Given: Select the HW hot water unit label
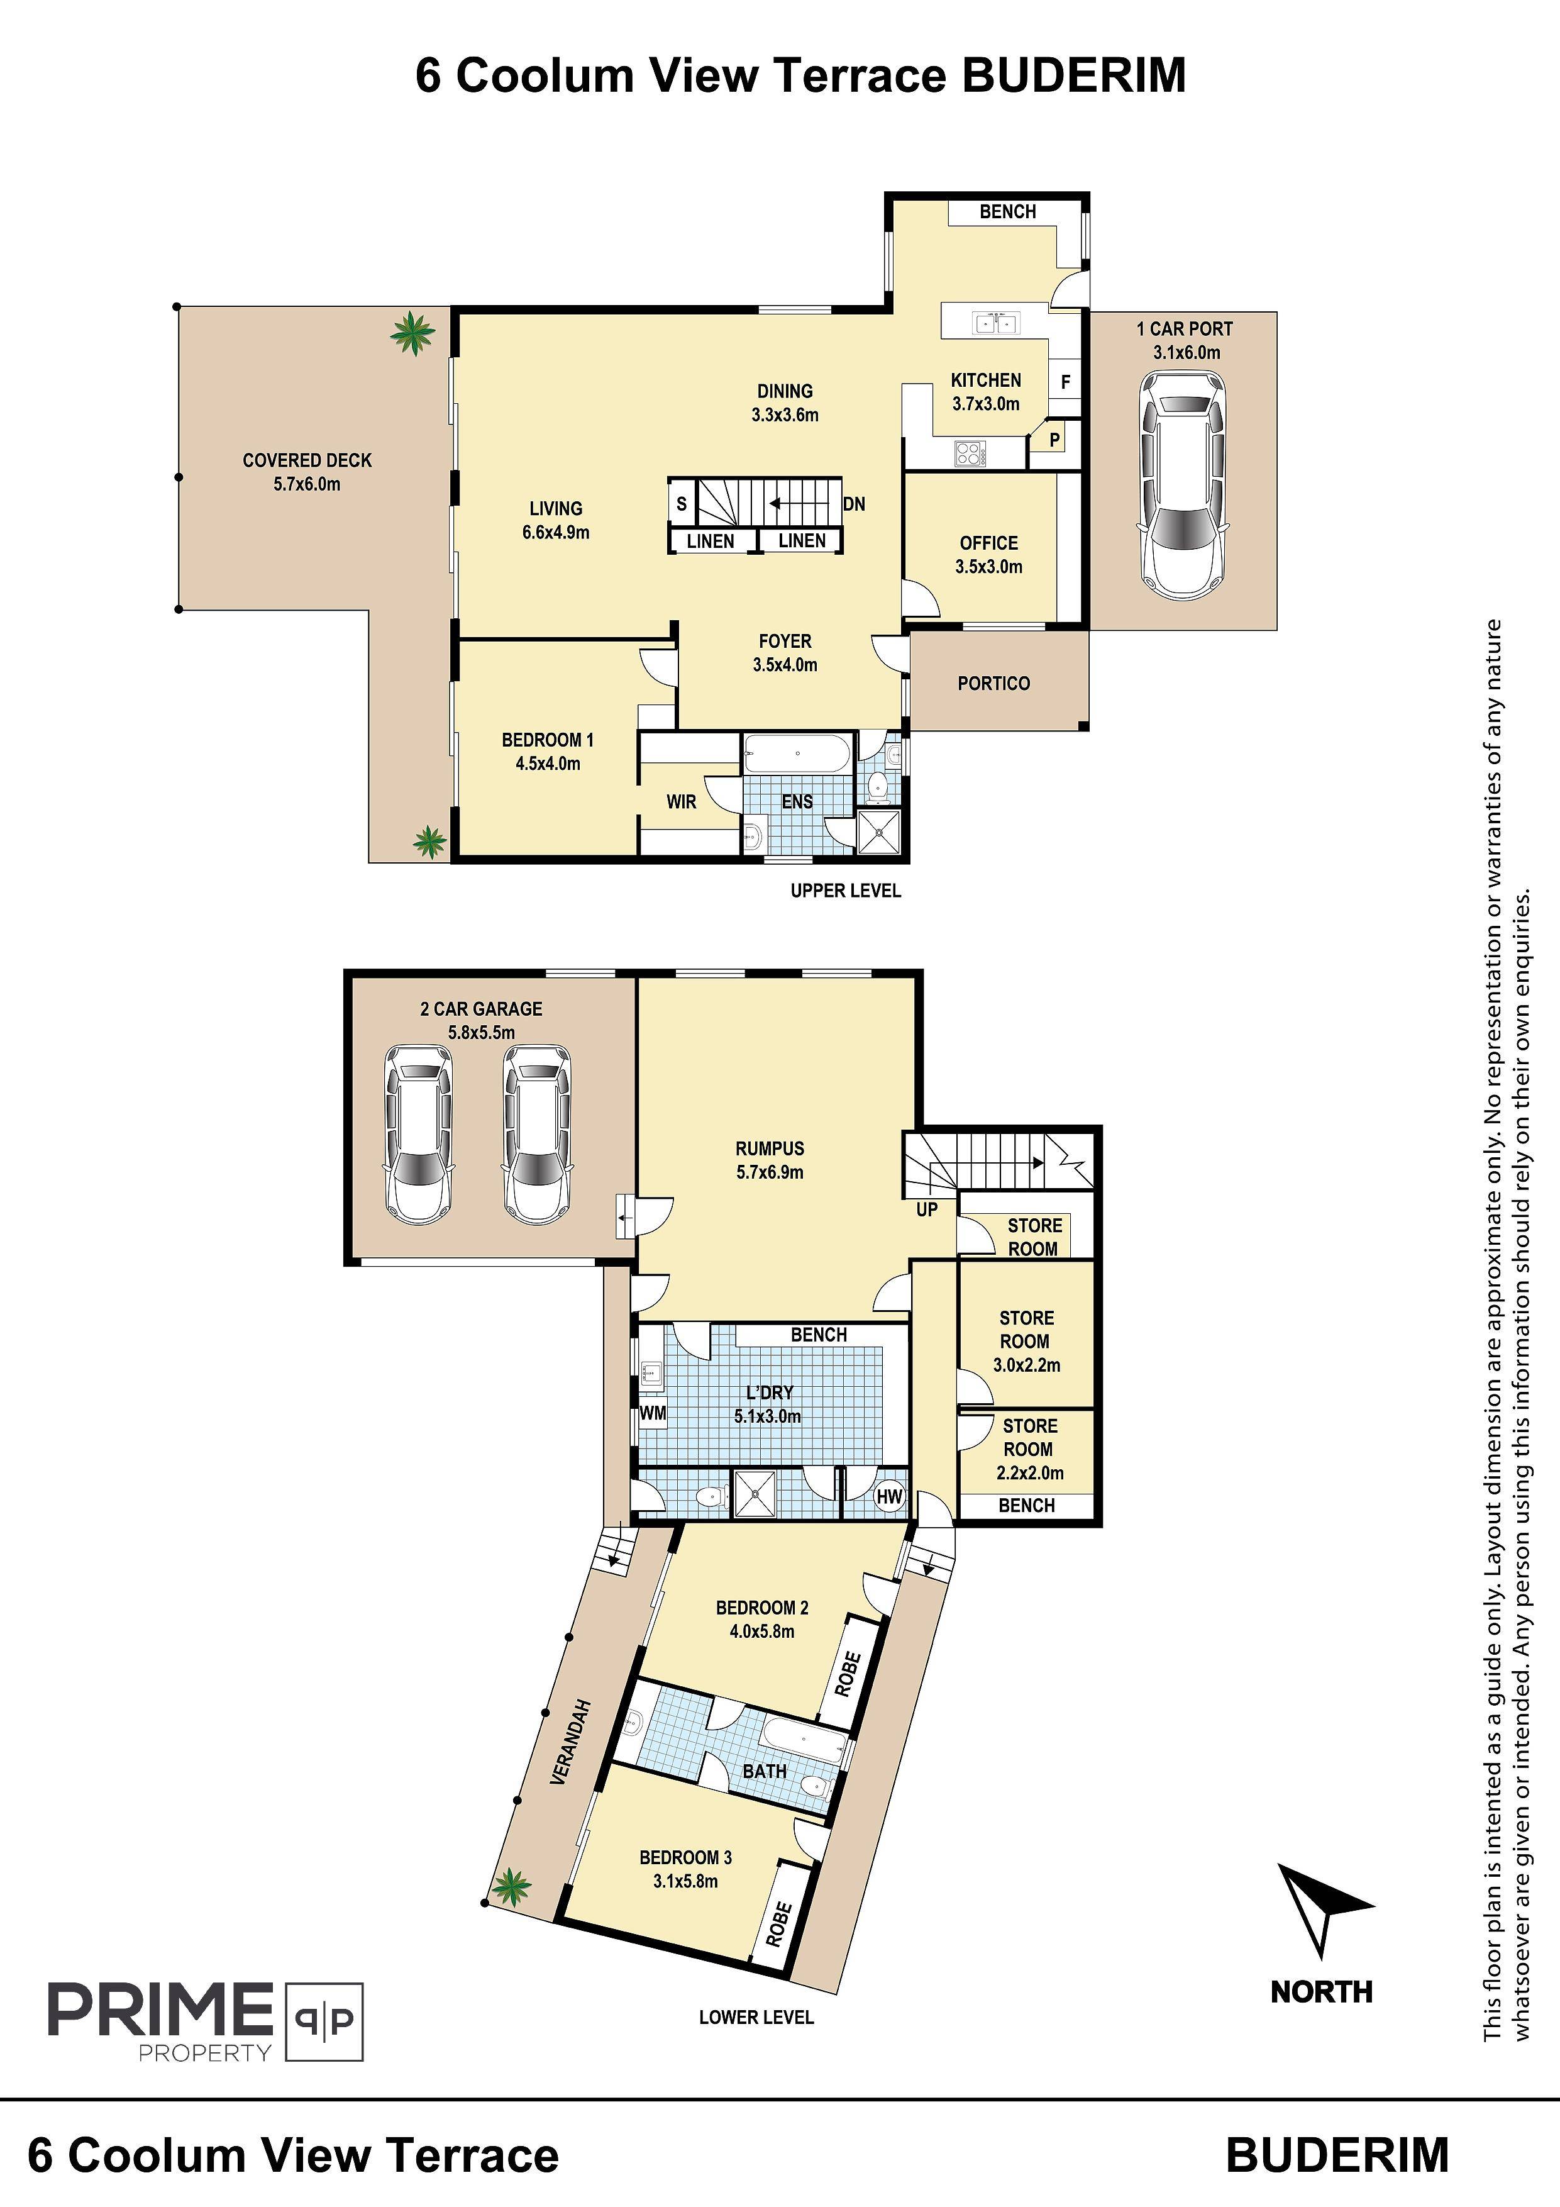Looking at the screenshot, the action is tap(889, 1497).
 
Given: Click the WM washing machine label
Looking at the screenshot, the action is tap(653, 1413).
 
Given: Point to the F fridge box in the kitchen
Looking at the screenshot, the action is tap(1065, 382).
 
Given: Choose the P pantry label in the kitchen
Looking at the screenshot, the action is tap(1054, 440).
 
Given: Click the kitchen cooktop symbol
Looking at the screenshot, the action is tap(970, 453).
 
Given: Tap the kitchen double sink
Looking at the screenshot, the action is tap(994, 322).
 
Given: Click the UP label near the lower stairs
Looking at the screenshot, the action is tap(927, 1209).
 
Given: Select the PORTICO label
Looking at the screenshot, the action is tap(994, 684).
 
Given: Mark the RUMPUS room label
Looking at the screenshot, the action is tap(769, 1148).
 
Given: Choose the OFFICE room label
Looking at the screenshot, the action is tap(988, 543).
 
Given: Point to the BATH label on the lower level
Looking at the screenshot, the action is tap(765, 1771).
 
